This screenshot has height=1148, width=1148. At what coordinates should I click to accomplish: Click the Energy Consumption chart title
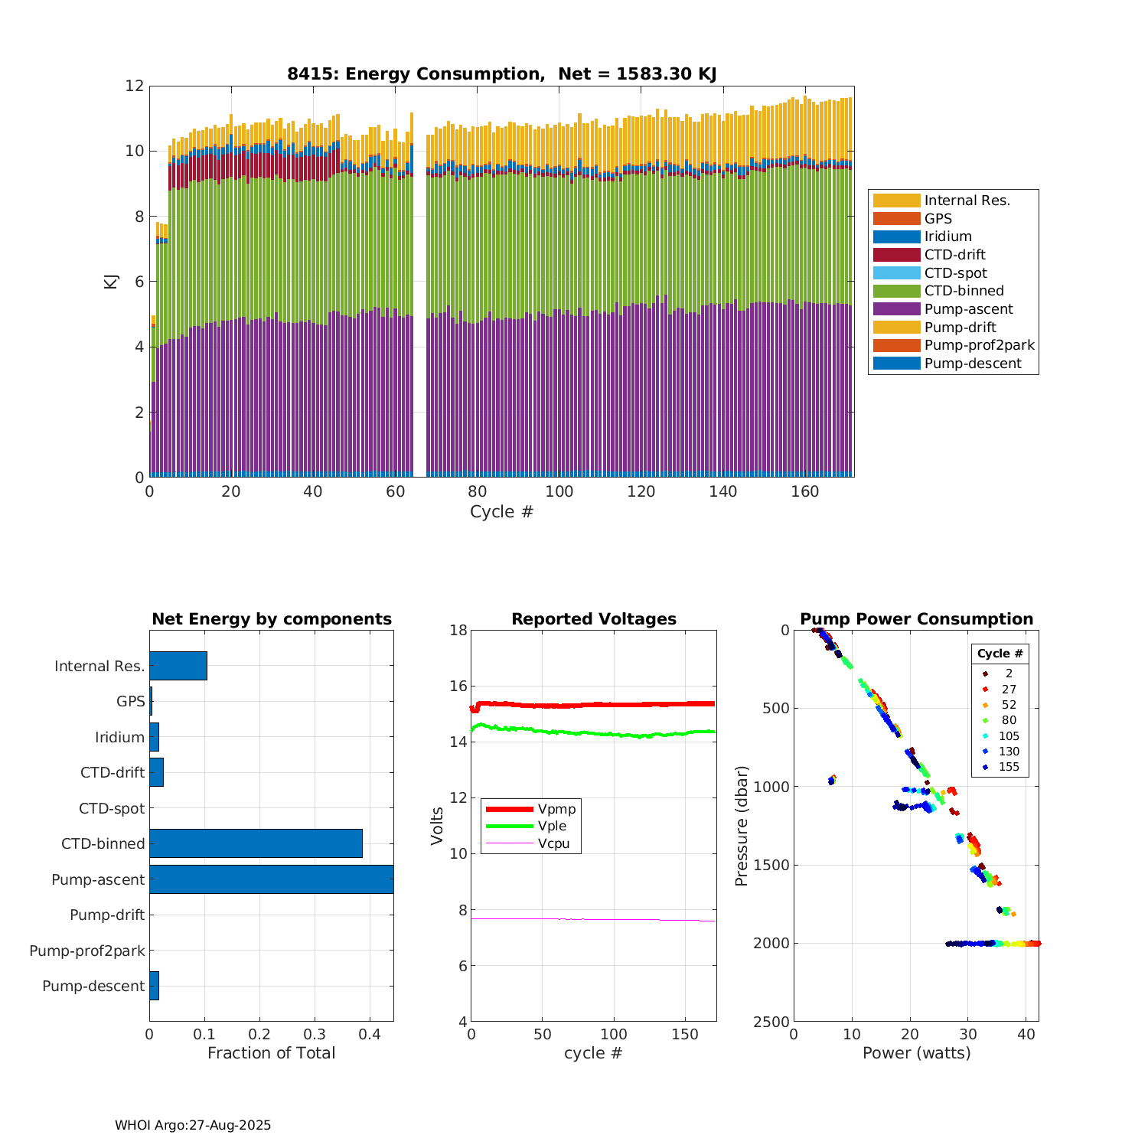[x=501, y=74]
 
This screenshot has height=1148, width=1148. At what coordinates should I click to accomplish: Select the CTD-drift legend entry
[x=954, y=255]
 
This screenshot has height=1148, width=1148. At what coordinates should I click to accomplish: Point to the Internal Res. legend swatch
[x=896, y=201]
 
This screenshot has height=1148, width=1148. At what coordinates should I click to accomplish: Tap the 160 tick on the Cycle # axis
[x=805, y=491]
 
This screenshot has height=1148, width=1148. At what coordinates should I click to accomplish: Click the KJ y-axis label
[x=111, y=281]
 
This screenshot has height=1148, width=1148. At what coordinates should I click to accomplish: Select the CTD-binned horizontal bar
[x=256, y=843]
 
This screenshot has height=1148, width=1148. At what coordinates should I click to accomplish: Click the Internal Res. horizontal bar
[x=178, y=666]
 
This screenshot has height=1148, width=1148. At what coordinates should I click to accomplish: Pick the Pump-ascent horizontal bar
[x=271, y=879]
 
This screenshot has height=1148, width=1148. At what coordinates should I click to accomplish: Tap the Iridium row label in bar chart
[x=119, y=737]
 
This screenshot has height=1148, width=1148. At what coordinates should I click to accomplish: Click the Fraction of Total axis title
[x=271, y=1053]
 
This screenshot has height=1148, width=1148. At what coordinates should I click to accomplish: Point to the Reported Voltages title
[x=593, y=619]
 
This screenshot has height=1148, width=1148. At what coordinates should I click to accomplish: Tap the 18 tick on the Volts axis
[x=458, y=630]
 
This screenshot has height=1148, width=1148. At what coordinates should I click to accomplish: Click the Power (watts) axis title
[x=916, y=1053]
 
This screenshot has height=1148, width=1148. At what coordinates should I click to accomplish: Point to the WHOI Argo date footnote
[x=193, y=1125]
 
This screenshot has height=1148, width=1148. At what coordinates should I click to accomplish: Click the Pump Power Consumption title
[x=916, y=619]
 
